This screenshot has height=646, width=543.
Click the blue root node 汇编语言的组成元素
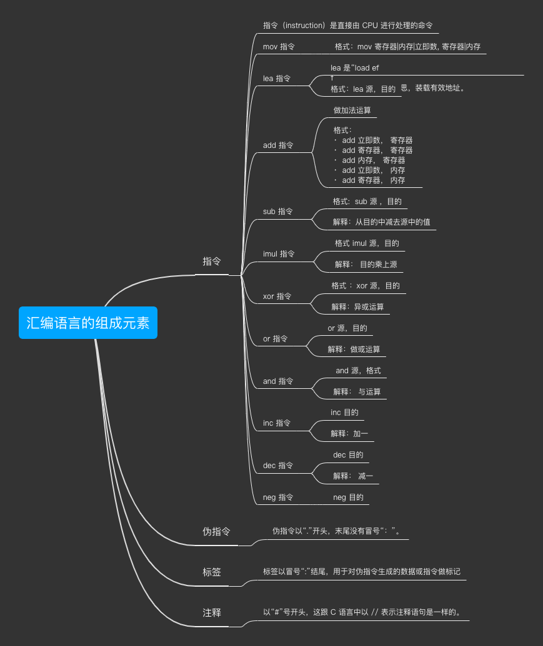(x=87, y=323)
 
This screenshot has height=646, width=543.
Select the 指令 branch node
(x=212, y=262)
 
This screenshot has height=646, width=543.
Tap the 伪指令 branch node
(x=216, y=532)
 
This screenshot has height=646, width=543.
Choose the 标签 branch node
(x=212, y=572)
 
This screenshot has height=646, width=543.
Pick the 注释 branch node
(x=212, y=613)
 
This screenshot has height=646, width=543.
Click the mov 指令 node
(x=279, y=47)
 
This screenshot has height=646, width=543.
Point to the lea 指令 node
(x=277, y=79)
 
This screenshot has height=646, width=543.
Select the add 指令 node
(x=278, y=145)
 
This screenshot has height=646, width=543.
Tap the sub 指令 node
(x=278, y=212)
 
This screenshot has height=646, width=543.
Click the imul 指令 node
(x=279, y=254)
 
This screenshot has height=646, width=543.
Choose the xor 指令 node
(x=277, y=296)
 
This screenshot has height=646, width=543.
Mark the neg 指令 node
(x=278, y=497)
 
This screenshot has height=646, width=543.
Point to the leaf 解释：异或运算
(x=357, y=307)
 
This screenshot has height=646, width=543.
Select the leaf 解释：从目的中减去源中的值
(x=381, y=222)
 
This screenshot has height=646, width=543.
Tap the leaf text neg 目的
(x=348, y=497)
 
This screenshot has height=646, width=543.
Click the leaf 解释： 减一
(x=353, y=476)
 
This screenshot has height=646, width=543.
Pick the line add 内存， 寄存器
(x=373, y=160)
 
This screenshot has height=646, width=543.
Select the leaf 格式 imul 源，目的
(x=367, y=243)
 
